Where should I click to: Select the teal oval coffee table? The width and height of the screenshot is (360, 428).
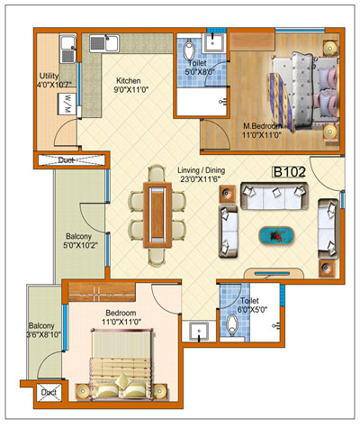pyautogui.click(x=276, y=235)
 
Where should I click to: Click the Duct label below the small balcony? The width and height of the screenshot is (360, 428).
pyautogui.click(x=48, y=393)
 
